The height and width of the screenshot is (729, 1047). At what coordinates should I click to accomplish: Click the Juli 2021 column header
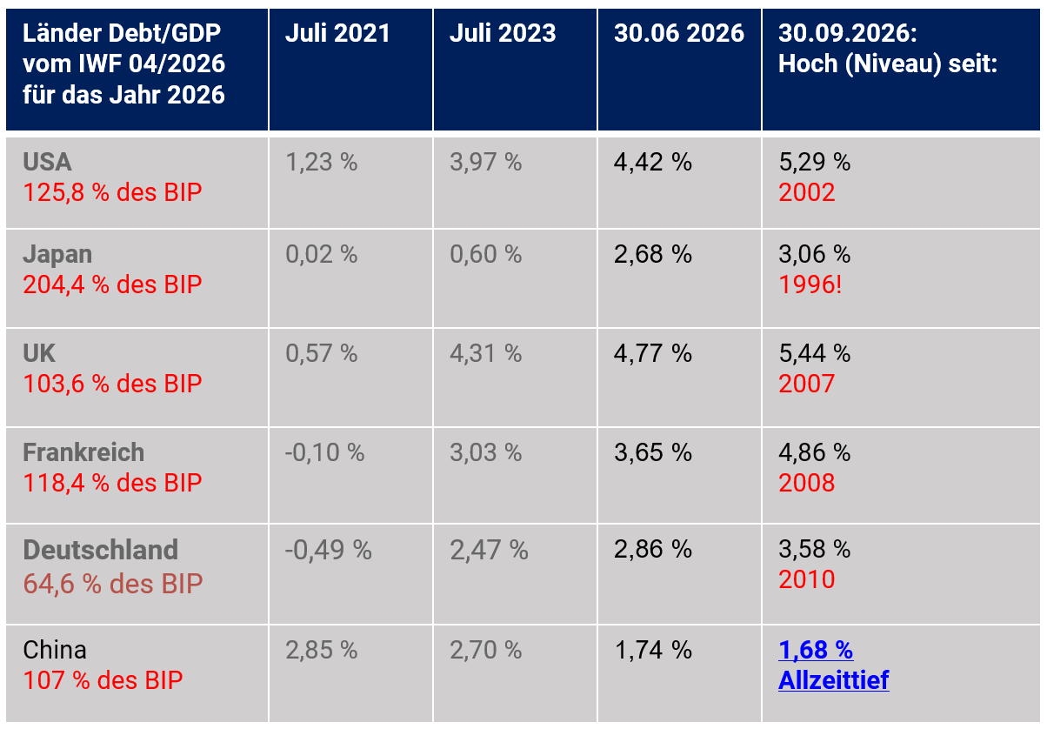pyautogui.click(x=337, y=34)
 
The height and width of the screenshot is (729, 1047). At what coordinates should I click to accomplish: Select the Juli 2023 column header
pyautogui.click(x=503, y=34)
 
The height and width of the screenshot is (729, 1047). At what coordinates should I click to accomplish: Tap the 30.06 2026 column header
pyautogui.click(x=678, y=34)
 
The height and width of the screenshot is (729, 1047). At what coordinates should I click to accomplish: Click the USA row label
pyautogui.click(x=47, y=162)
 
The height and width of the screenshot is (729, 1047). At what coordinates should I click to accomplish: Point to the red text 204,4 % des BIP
pyautogui.click(x=112, y=284)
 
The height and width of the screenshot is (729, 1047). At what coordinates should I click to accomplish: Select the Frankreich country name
pyautogui.click(x=83, y=452)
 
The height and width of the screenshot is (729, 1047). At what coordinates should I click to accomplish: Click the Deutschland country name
pyautogui.click(x=101, y=550)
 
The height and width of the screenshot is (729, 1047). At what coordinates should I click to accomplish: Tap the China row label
pyautogui.click(x=55, y=650)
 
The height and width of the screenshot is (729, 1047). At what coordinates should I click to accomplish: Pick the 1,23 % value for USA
pyautogui.click(x=321, y=163)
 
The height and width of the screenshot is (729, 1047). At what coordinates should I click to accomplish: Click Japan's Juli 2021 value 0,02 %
pyautogui.click(x=321, y=254)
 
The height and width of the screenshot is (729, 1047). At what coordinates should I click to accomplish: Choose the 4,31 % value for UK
pyautogui.click(x=485, y=353)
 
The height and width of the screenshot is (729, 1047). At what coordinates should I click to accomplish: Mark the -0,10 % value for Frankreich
pyautogui.click(x=324, y=452)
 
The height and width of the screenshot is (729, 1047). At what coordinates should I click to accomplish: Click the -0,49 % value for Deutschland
pyautogui.click(x=328, y=550)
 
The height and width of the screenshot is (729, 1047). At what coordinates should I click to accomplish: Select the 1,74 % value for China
pyautogui.click(x=653, y=651)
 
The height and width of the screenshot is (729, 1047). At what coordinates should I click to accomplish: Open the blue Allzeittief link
pyautogui.click(x=833, y=680)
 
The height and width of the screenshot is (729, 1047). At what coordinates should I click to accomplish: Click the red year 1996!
pyautogui.click(x=810, y=284)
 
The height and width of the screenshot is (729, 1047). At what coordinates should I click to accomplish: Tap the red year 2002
pyautogui.click(x=807, y=192)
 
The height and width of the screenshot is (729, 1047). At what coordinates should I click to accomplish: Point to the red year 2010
pyautogui.click(x=807, y=579)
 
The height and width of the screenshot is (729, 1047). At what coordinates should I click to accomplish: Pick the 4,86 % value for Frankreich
pyautogui.click(x=814, y=452)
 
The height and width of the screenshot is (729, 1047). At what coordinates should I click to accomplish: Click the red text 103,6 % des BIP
pyautogui.click(x=112, y=384)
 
